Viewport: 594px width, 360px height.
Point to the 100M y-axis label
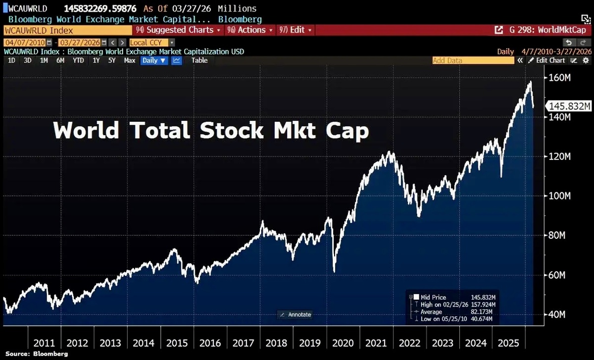pyautogui.click(x=561, y=196)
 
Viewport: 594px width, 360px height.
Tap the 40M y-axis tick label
pyautogui.click(x=559, y=315)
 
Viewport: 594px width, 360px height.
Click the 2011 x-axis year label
pyautogui.click(x=44, y=343)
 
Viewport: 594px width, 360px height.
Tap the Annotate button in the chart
pyautogui.click(x=296, y=314)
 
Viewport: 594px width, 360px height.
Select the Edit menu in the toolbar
pyautogui.click(x=296, y=30)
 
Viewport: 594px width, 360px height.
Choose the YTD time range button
pyautogui.click(x=78, y=60)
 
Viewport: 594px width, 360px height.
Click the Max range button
pyautogui.click(x=130, y=60)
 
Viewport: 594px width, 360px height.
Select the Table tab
pyautogui.click(x=199, y=60)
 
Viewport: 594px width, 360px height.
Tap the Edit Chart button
pyautogui.click(x=547, y=60)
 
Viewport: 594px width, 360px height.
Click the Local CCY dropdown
pyautogui.click(x=152, y=43)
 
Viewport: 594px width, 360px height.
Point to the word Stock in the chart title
pyautogui.click(x=232, y=131)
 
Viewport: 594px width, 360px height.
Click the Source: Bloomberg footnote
pyautogui.click(x=37, y=354)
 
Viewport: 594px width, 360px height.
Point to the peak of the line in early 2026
pyautogui.click(x=530, y=81)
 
